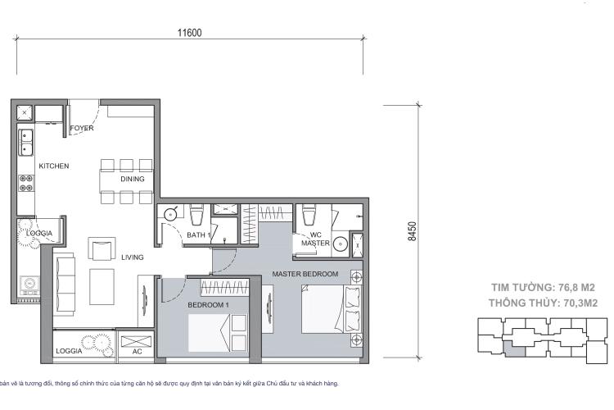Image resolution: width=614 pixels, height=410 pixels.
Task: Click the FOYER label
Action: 82,129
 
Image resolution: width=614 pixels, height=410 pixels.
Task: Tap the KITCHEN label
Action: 54,166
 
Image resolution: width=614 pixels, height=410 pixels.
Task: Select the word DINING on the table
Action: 132,179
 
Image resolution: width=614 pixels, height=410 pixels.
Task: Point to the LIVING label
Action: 133,257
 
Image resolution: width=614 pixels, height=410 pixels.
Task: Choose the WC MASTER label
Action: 314,239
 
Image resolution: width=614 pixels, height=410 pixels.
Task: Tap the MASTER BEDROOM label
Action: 305,274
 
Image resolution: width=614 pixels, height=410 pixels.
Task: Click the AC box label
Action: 137,351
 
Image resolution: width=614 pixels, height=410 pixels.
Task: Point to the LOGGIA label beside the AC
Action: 68,351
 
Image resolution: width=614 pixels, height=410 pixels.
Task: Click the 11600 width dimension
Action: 189,34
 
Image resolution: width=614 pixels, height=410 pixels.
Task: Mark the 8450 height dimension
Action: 423,232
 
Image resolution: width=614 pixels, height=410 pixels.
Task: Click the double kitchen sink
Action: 25,143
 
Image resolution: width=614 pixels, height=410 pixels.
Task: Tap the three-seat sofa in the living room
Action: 65,276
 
